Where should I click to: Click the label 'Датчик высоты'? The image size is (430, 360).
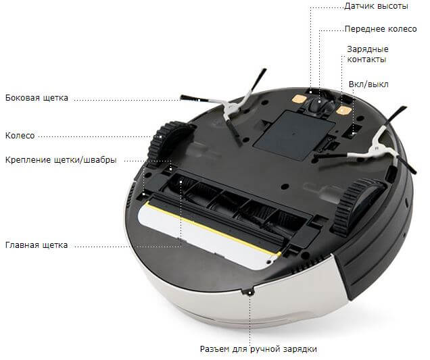click(x=376, y=6)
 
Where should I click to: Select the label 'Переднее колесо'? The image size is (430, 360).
click(x=381, y=29)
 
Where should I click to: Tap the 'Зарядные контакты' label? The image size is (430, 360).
click(x=368, y=54)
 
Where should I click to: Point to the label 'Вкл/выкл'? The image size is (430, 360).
click(x=368, y=84)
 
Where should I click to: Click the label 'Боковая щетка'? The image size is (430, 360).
click(x=37, y=98)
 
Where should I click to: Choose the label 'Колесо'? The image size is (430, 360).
click(x=20, y=135)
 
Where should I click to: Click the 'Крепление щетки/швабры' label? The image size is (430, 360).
click(x=61, y=160)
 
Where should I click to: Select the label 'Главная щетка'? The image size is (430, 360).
click(x=37, y=245)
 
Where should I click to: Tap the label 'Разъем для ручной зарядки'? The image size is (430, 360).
click(x=258, y=349)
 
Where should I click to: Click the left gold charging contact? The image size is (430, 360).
click(x=299, y=98)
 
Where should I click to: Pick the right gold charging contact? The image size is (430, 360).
click(x=343, y=110)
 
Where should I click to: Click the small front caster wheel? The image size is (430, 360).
click(x=320, y=104)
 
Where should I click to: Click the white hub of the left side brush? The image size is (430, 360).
click(x=231, y=109)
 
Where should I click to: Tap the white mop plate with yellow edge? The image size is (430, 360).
click(x=208, y=236)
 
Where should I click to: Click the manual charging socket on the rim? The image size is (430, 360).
click(x=249, y=292)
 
